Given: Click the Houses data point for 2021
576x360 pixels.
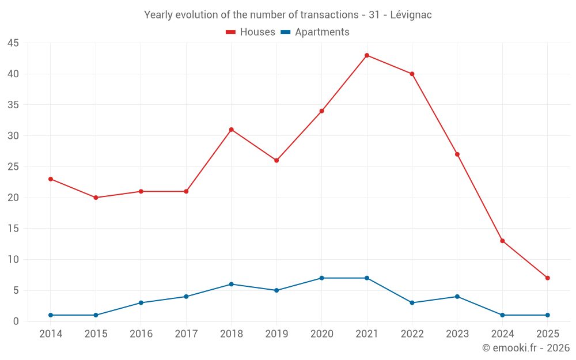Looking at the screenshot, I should point(367,55).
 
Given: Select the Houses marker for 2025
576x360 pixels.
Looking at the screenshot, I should point(547,278).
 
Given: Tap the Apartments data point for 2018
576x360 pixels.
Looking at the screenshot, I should point(231,284).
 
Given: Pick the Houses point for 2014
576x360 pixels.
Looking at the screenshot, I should point(51,179).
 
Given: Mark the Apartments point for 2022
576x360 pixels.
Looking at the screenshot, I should point(412,302).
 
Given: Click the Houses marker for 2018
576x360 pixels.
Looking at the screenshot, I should point(231,130).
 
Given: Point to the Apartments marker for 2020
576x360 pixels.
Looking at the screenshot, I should point(321,278).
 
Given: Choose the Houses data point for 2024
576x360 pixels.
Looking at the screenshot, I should point(502,241).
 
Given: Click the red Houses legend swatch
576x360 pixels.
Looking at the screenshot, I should point(230,32).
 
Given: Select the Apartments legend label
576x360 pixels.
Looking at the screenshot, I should point(322,32).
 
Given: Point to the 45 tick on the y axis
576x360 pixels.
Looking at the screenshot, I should point(13,43).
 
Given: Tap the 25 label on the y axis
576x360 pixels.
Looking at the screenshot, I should point(13,167).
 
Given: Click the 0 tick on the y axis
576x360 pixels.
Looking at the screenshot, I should point(16,321).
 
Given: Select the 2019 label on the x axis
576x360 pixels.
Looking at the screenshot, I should point(276,334).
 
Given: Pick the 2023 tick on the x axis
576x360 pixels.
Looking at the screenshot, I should point(457,334).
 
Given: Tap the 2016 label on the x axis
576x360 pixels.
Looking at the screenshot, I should point(141,334).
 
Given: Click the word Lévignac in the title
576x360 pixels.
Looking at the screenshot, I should point(411,15).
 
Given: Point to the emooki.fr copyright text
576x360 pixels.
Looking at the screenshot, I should point(526,348).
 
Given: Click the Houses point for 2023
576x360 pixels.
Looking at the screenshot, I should point(457,154).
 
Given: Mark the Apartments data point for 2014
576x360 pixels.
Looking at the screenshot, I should point(51,315).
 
